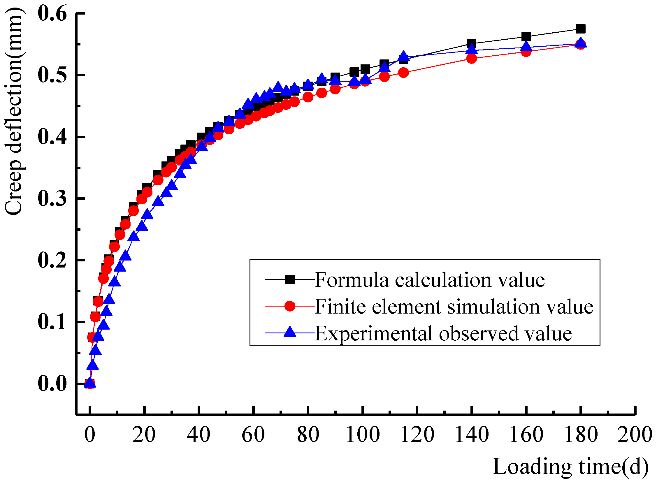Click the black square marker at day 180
(x=581, y=29)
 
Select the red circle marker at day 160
(x=526, y=52)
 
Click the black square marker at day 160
(x=526, y=37)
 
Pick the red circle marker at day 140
(x=472, y=59)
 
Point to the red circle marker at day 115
(x=403, y=73)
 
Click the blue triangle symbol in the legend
(x=290, y=332)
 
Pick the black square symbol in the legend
(x=290, y=279)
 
